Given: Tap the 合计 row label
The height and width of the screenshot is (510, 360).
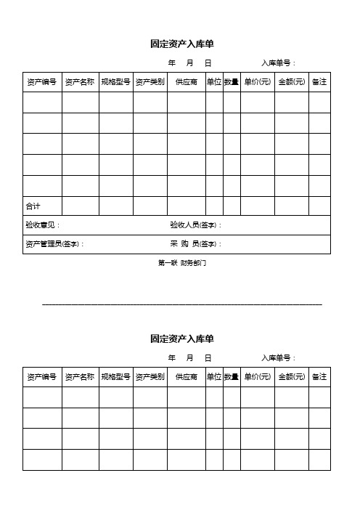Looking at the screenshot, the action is click(x=33, y=206).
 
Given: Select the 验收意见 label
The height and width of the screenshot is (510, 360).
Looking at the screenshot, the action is click(x=43, y=225).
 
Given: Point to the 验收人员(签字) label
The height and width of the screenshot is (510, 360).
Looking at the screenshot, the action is click(x=195, y=225).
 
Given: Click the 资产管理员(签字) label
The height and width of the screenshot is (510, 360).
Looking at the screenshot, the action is click(x=54, y=244).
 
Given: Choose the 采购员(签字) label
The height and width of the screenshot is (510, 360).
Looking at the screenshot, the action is click(x=196, y=244).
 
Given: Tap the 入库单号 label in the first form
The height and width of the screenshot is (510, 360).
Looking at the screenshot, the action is click(x=278, y=63).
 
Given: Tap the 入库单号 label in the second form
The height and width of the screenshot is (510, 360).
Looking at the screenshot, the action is click(x=278, y=358).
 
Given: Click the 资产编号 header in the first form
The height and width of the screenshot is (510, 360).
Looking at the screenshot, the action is click(x=42, y=82).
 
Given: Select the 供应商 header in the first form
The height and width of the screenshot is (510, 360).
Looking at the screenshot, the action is click(x=187, y=82).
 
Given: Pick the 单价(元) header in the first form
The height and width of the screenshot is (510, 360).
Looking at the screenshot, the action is click(x=258, y=82).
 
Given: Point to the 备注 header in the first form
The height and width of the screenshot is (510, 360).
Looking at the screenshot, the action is click(x=319, y=82).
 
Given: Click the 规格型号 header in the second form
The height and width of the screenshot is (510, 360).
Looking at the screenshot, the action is click(x=116, y=377).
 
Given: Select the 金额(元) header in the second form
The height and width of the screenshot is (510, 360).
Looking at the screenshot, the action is click(x=292, y=377).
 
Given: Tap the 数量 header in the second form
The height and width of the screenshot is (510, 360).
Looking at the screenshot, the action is click(x=232, y=377).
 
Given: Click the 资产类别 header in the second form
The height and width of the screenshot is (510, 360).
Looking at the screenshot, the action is click(x=150, y=377).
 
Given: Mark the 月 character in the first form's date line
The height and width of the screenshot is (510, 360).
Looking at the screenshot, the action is click(x=189, y=63).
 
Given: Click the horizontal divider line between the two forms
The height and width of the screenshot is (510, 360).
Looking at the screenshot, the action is click(x=182, y=304).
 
